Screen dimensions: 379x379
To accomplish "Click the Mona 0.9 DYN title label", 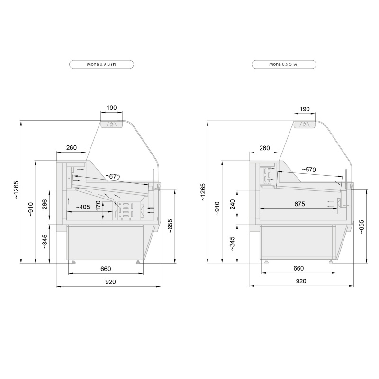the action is point(101,64).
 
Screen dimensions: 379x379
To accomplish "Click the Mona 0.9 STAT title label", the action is point(284,64).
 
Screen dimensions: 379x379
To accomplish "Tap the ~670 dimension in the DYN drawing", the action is point(113,177).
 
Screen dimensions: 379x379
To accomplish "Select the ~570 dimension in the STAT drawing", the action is point(309,170).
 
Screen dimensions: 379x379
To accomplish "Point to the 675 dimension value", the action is point(299,204).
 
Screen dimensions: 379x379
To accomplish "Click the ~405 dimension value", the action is point(83,207).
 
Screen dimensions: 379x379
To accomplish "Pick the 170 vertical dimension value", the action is point(98,206).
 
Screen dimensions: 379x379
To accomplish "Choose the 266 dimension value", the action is point(45,204).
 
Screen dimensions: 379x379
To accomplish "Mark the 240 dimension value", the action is point(233,204).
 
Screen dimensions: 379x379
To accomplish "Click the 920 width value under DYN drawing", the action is point(110,282).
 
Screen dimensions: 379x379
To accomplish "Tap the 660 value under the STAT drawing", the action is point(298,268).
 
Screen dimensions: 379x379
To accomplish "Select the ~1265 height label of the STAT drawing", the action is point(203,192).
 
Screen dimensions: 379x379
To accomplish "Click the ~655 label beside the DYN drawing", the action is point(171,226).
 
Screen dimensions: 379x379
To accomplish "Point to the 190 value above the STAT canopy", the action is point(305,109).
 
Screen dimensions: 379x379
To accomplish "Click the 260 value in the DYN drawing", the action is point(72,148).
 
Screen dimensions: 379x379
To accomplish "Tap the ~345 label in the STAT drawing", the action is point(232,244).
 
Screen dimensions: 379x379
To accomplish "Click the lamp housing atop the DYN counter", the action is point(112,124).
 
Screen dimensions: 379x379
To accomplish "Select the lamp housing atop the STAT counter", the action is point(304,124).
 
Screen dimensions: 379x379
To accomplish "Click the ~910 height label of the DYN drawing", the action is point(31,209).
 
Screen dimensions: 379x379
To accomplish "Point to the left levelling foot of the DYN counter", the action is point(73,262).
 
